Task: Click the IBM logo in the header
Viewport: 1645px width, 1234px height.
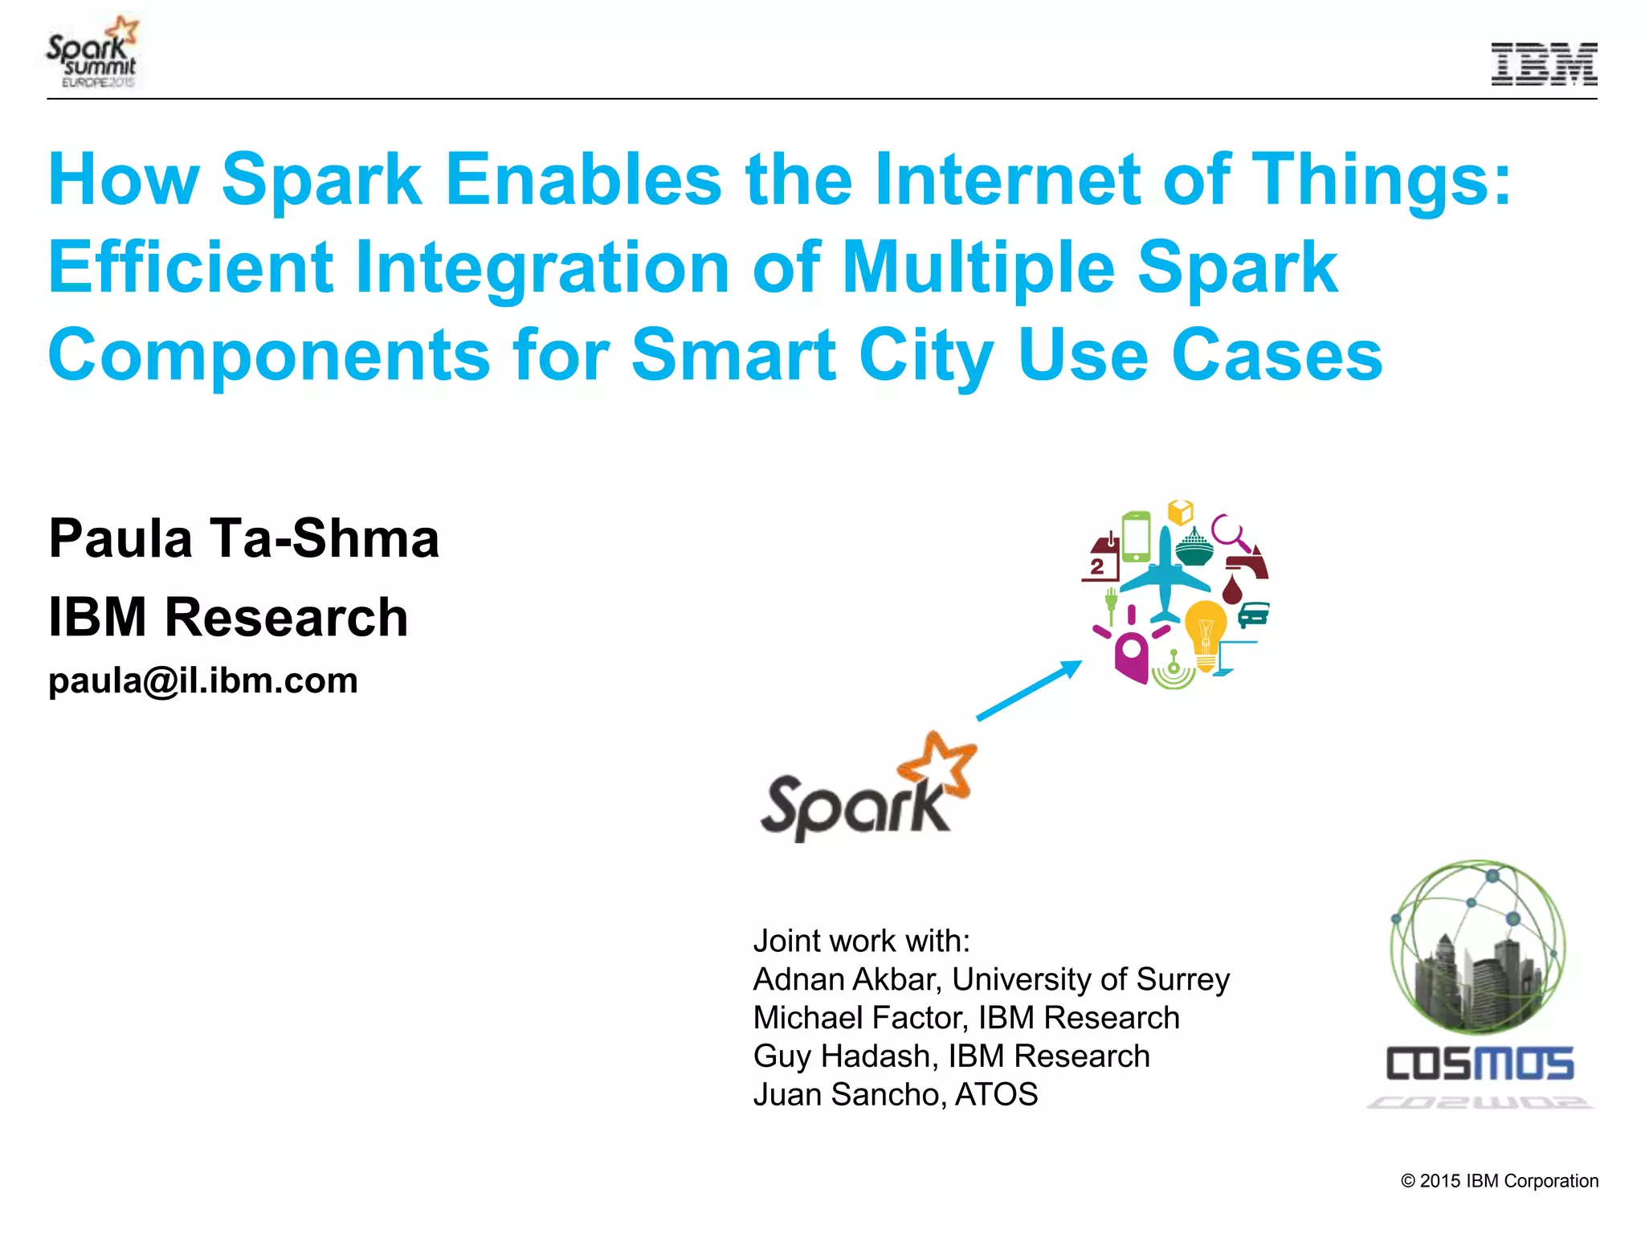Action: tap(1543, 64)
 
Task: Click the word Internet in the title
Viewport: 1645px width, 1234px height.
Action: tap(1006, 179)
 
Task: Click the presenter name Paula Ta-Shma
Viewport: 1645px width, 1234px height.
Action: tap(243, 538)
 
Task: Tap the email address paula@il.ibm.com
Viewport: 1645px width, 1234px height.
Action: tap(202, 681)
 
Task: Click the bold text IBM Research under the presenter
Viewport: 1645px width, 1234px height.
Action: tap(228, 617)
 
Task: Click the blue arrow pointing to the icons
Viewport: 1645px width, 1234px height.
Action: tap(1029, 690)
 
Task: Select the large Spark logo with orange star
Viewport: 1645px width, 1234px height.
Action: tap(867, 789)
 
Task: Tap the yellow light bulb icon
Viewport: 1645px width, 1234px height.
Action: tap(1206, 633)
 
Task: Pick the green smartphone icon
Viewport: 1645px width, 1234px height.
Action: tap(1136, 536)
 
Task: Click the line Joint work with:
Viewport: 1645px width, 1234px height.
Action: tap(861, 941)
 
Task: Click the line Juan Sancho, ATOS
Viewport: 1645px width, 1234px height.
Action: tap(895, 1095)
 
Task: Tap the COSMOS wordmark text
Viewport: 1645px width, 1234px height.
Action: tap(1480, 1064)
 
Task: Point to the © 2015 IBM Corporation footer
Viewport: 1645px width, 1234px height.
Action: tap(1499, 1181)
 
